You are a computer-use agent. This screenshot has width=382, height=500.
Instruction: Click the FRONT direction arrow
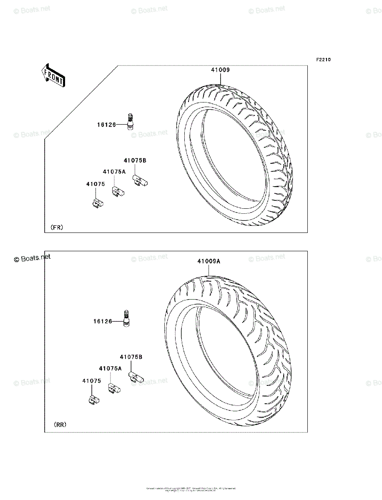coord(53,75)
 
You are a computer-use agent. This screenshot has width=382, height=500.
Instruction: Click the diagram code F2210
coord(323,60)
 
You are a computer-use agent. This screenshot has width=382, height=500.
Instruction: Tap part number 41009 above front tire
coord(220,70)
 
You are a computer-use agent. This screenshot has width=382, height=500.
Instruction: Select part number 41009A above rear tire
coord(209,261)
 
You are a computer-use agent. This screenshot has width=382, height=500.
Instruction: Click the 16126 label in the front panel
coord(107,124)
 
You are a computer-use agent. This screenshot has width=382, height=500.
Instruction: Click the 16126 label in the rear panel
coord(103,321)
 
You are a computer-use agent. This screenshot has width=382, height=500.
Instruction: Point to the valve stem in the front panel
coord(131,122)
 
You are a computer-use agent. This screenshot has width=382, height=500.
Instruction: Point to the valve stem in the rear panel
coord(127,320)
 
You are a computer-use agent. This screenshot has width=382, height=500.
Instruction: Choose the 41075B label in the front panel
coord(135,160)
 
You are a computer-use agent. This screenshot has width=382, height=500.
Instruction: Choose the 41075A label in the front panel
coord(114,171)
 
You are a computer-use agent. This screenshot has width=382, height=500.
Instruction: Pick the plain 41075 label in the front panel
coord(95,184)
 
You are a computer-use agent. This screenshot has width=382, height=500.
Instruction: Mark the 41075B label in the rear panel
coord(131,357)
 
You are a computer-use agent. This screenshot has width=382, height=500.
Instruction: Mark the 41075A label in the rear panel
coord(110,368)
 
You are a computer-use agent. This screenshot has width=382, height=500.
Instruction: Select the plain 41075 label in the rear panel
coord(91,381)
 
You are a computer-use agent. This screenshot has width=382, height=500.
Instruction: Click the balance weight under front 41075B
coord(141,180)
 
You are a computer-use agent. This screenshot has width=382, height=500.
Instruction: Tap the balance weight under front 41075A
coord(118,191)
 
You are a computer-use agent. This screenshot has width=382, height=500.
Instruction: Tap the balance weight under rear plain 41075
coord(94,400)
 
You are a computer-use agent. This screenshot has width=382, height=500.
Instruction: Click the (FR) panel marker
coord(57,227)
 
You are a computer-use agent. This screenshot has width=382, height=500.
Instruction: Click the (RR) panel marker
coord(60,425)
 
